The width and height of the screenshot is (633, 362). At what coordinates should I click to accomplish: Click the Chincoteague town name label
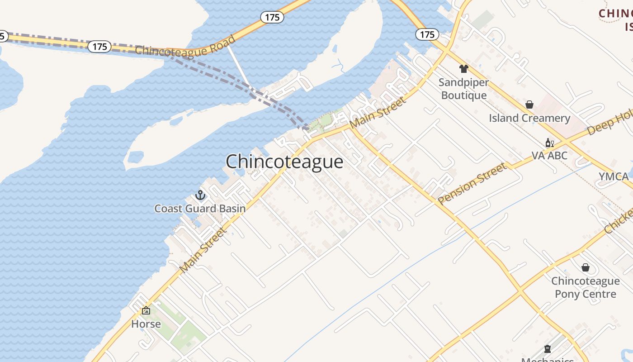coord(284,162)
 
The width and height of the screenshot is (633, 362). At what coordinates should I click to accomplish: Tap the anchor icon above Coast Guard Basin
coord(200,195)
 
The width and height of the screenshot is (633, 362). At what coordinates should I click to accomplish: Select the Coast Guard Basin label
coord(200,209)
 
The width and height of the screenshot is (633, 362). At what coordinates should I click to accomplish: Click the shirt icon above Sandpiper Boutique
coord(463,69)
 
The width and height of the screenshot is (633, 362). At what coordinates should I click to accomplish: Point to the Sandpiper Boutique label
coord(464,89)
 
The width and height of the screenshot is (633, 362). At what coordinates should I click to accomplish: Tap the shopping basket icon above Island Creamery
coord(529,105)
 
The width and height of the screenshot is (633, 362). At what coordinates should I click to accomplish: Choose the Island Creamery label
coord(529,118)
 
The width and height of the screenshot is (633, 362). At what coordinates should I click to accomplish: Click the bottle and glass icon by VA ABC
coord(549,143)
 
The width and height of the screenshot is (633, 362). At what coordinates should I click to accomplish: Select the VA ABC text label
coord(549,156)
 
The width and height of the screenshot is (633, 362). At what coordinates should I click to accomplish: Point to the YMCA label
coord(614,176)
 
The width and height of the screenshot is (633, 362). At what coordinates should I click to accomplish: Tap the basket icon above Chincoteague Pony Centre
coord(586,267)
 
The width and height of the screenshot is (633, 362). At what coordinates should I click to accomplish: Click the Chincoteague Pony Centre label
coord(586,287)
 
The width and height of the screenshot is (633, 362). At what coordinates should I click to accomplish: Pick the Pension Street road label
coord(472,183)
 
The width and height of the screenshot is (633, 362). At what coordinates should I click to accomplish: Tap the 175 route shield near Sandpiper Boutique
coord(427,34)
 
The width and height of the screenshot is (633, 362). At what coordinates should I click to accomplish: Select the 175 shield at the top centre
coord(272,17)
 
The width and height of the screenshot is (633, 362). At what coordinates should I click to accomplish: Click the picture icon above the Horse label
coord(146,311)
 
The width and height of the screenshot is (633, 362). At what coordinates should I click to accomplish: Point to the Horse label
coord(146,324)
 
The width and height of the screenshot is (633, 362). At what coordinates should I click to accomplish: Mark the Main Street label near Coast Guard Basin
coord(202,250)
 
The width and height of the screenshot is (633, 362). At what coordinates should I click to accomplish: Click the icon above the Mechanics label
coord(548,349)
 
